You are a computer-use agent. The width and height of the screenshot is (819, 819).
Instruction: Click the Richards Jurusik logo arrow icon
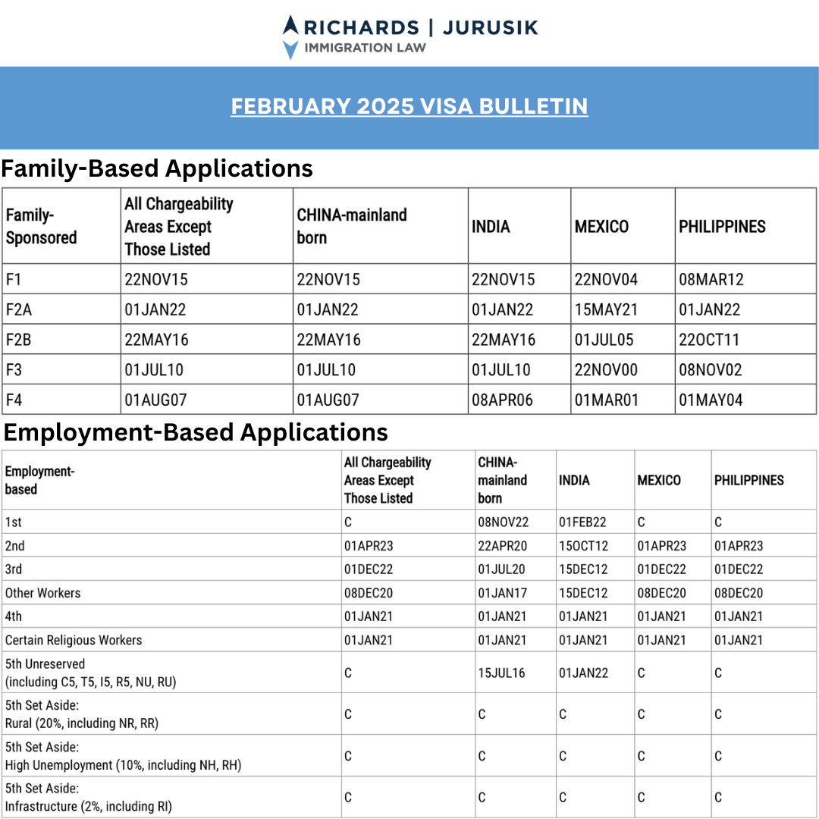point(290,36)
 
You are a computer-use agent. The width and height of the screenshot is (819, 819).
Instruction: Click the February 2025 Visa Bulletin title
point(409,105)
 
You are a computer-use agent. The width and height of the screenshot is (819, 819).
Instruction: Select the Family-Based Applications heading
point(157,168)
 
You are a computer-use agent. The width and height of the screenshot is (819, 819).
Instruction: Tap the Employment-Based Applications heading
point(196,432)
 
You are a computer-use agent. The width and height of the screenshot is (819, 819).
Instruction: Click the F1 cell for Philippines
point(711,279)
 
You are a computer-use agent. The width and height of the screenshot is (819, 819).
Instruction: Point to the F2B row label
point(19,340)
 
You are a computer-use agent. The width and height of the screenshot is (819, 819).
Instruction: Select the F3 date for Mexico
point(606,370)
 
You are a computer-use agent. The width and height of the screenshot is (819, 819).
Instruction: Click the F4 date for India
point(502,400)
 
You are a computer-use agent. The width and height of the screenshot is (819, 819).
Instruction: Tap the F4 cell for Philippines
point(711,400)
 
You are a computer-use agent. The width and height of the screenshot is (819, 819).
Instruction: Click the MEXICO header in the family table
point(601,227)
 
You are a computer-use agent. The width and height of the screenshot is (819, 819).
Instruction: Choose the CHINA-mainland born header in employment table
point(502,480)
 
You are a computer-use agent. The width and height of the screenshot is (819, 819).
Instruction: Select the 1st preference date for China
point(502,522)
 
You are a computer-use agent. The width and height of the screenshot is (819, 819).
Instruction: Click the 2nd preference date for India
point(583,546)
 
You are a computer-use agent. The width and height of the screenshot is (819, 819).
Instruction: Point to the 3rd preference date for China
point(502,570)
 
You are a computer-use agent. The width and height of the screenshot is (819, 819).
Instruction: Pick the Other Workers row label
point(42,593)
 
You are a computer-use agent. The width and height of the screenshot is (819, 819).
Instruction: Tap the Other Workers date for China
point(502,593)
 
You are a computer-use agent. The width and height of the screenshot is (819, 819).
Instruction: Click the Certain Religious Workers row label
point(74,640)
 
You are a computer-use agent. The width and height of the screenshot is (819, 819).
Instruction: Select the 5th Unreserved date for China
point(502,673)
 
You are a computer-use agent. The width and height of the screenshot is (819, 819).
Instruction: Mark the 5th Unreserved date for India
point(583,673)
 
